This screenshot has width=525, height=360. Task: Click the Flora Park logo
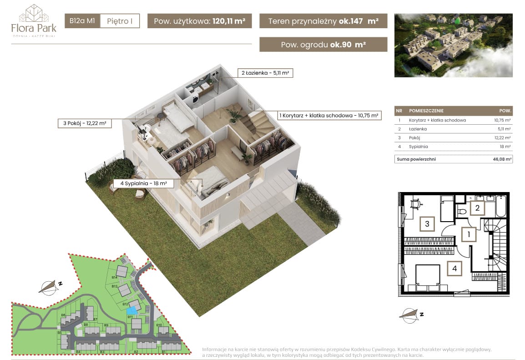click(x=34, y=21)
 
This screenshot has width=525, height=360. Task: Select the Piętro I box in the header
click(x=120, y=21)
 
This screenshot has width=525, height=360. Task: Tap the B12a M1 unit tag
click(x=82, y=21)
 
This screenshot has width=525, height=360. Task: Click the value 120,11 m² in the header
click(x=229, y=21)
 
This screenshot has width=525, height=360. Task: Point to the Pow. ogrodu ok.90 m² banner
click(x=323, y=45)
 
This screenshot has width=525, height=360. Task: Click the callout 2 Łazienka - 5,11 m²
click(x=265, y=73)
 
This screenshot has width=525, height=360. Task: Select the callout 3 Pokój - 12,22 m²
click(x=85, y=123)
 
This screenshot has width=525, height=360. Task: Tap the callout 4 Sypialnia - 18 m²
click(x=144, y=183)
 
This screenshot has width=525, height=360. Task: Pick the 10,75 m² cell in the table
click(x=502, y=120)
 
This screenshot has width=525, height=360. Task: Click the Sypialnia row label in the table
click(x=418, y=147)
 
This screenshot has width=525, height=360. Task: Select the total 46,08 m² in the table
click(x=502, y=159)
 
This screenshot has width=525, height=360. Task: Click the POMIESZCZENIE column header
click(x=426, y=111)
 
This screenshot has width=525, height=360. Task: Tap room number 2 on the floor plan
click(x=477, y=208)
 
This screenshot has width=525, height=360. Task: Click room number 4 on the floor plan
click(x=454, y=268)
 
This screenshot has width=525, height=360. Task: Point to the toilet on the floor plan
click(x=462, y=212)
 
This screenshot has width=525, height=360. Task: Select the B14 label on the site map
click(x=115, y=277)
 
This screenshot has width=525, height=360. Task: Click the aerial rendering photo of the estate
click(x=454, y=46)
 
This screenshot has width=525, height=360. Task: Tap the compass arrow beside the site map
click(x=49, y=287)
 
